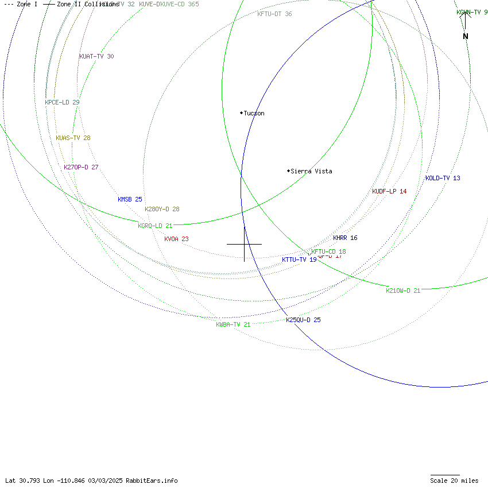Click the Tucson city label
point(254,114)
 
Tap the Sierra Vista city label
point(311,172)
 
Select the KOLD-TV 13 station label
point(443,179)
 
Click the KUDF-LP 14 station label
point(389,192)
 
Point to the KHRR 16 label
point(345,238)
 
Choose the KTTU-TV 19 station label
point(299,260)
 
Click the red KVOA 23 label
point(176,239)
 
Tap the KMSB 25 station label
point(130,200)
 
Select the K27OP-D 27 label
point(81,168)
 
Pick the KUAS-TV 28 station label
point(73,138)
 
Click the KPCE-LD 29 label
point(62,103)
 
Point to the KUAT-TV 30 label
point(96,57)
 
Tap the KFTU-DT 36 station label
point(274,14)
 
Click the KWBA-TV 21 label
point(233,325)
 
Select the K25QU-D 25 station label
point(303,320)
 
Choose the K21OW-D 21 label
point(403,291)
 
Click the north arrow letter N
point(466,37)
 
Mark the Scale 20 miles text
point(454,481)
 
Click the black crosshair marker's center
point(245,245)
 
